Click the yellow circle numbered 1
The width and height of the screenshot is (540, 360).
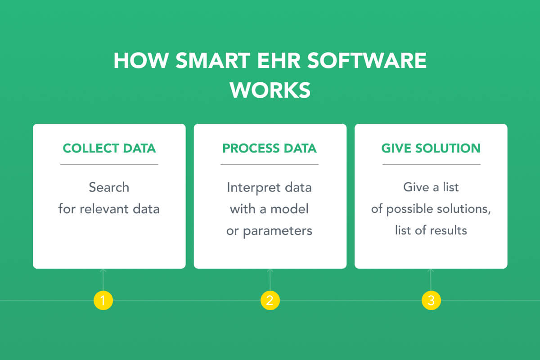(103, 300)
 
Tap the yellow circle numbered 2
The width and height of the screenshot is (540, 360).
(270, 300)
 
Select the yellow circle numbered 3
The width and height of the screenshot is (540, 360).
(431, 300)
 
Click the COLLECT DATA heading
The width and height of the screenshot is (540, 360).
(109, 148)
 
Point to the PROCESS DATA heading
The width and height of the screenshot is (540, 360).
(270, 148)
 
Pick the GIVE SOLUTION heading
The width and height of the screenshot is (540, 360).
(431, 148)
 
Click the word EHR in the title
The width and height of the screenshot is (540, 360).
(279, 60)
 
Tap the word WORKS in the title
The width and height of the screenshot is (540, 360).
(270, 90)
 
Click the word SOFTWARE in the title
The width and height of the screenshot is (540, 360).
(367, 60)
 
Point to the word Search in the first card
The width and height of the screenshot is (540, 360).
(109, 187)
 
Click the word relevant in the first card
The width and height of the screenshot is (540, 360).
(104, 209)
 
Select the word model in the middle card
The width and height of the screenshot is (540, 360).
(289, 209)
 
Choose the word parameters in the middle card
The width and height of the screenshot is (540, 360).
(278, 231)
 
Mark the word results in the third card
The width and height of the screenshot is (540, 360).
(449, 230)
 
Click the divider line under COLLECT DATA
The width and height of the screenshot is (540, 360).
(109, 164)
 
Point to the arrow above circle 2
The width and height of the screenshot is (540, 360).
(270, 280)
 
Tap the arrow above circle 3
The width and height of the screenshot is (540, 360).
(431, 280)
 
